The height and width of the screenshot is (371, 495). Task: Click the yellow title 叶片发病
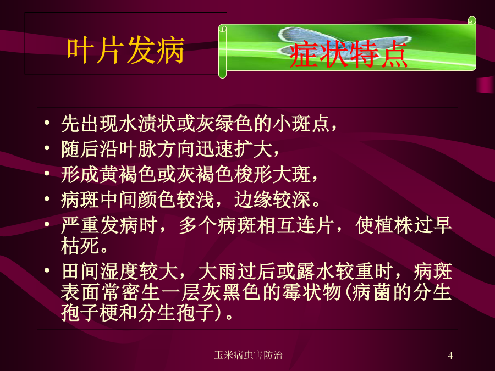coord(125,50)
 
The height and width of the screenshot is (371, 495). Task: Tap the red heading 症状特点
coord(348,54)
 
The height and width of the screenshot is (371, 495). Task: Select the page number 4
coord(450,356)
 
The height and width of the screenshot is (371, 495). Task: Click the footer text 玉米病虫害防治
coord(248,355)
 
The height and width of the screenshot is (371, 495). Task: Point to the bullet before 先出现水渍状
coord(47,123)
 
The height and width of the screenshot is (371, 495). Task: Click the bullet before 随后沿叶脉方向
coord(47,148)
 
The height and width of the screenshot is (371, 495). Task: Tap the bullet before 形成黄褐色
coord(47,173)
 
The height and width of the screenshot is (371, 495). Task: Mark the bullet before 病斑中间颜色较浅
coord(47,199)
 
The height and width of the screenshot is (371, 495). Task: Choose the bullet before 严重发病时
coord(47,224)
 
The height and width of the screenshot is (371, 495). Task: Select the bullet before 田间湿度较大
coord(47,270)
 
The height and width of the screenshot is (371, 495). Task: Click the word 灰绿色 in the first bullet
coord(224,123)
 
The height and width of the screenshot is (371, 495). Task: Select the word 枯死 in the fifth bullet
coord(80,246)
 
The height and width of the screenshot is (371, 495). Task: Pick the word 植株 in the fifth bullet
coord(394,225)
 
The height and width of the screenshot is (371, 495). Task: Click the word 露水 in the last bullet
coord(316,272)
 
